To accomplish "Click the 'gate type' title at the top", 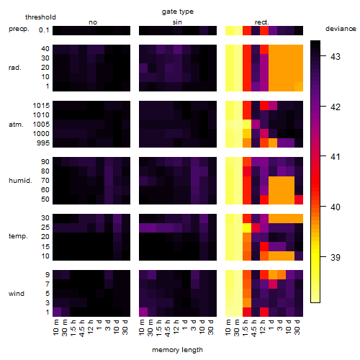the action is click(x=178, y=12).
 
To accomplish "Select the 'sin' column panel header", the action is click(x=177, y=22).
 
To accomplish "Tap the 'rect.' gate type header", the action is click(x=261, y=22).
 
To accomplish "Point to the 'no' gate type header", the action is click(x=93, y=22).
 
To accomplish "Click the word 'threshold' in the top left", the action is click(x=40, y=17).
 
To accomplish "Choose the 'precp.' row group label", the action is click(x=19, y=29).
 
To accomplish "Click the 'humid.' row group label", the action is click(x=20, y=180).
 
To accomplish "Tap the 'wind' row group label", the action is click(x=17, y=294).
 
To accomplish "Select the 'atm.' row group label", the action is click(x=16, y=125).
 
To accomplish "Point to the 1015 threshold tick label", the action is click(x=41, y=105).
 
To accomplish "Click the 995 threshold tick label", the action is click(x=43, y=143).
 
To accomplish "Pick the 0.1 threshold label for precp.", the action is click(x=44, y=30).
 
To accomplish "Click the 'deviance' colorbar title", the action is click(x=341, y=29).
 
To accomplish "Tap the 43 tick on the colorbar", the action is click(x=336, y=56).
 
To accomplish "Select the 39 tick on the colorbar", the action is click(x=336, y=257).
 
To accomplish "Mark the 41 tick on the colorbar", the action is click(x=336, y=157).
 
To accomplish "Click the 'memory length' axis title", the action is click(x=177, y=350).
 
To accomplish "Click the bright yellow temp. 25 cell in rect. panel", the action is click(x=247, y=228).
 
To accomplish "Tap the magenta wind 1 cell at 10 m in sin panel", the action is click(x=143, y=312).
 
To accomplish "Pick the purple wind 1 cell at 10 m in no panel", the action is click(x=57, y=312).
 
